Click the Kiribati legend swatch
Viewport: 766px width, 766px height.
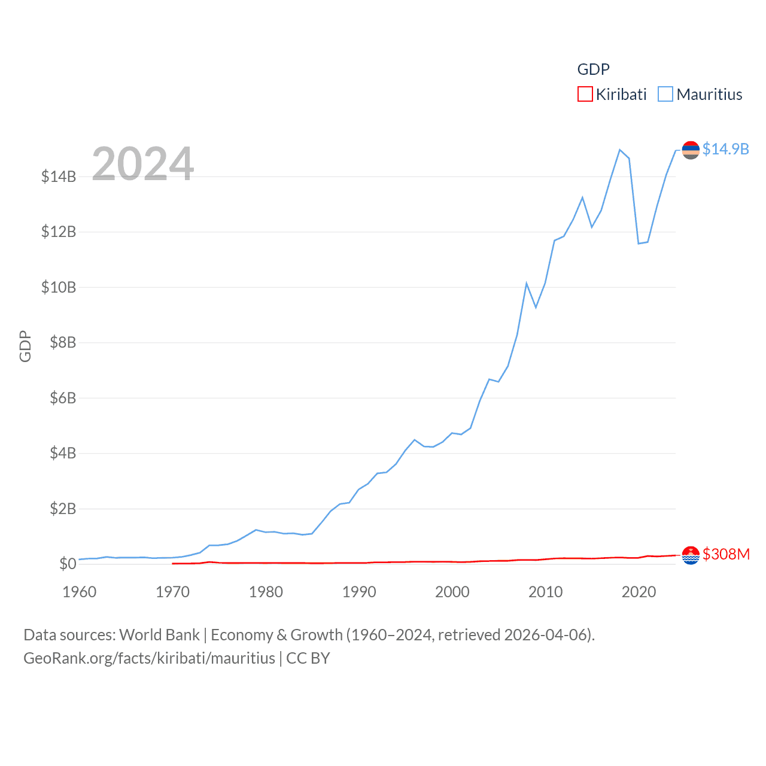[585, 95]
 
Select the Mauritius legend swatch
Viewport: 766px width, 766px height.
[665, 95]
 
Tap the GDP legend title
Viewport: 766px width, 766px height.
[593, 69]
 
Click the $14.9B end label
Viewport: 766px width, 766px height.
[725, 149]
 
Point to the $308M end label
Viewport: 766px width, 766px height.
[726, 554]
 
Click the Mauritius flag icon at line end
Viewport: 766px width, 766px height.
[691, 150]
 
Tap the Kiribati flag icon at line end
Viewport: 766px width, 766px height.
[691, 555]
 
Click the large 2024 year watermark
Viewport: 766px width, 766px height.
[143, 163]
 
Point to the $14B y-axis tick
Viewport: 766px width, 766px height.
[59, 177]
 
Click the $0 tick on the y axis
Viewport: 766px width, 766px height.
[68, 564]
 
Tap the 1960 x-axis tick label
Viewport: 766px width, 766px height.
[80, 592]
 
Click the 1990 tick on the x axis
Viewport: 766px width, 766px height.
[359, 592]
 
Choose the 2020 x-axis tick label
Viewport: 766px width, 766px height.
[639, 592]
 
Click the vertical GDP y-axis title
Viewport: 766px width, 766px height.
[25, 346]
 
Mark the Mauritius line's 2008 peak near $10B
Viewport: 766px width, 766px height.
[527, 283]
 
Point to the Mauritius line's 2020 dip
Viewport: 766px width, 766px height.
[639, 243]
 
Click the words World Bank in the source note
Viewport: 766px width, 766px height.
[159, 634]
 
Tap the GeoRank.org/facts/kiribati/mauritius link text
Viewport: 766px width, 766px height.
[149, 658]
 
